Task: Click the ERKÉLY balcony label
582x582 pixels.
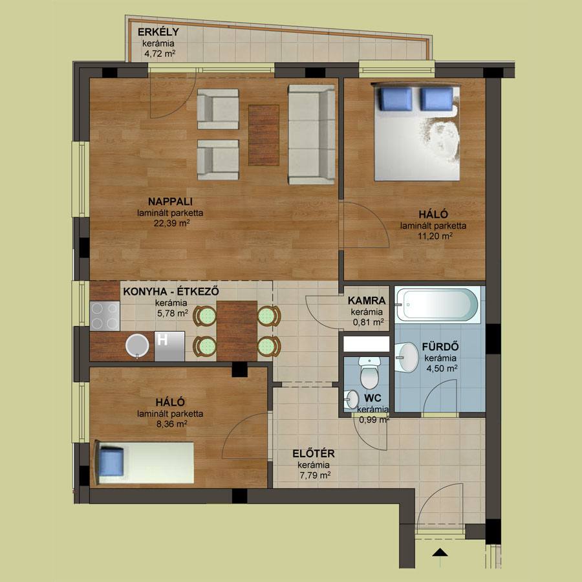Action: point(158,32)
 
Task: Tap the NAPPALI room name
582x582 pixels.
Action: point(170,202)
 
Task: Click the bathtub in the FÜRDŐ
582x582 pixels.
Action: point(437,304)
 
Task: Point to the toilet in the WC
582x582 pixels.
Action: point(369,372)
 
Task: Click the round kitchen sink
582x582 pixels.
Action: point(137,345)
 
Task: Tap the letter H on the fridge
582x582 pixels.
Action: point(162,339)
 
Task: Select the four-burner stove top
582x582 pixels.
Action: point(105,316)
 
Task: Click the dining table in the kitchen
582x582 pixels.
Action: point(237,330)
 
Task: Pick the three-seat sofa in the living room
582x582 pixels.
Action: point(312,135)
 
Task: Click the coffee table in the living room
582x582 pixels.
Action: point(264,135)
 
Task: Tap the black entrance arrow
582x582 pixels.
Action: point(440,552)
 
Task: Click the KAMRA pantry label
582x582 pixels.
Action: point(367,300)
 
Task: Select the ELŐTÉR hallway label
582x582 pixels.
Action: point(314,453)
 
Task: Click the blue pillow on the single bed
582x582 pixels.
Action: point(111,461)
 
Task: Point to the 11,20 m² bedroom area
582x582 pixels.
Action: point(435,235)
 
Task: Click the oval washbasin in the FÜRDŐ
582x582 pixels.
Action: point(407,357)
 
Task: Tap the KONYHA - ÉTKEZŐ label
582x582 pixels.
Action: point(171,292)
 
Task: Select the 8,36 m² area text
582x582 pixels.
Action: point(171,424)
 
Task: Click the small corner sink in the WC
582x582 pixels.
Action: point(351,400)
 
